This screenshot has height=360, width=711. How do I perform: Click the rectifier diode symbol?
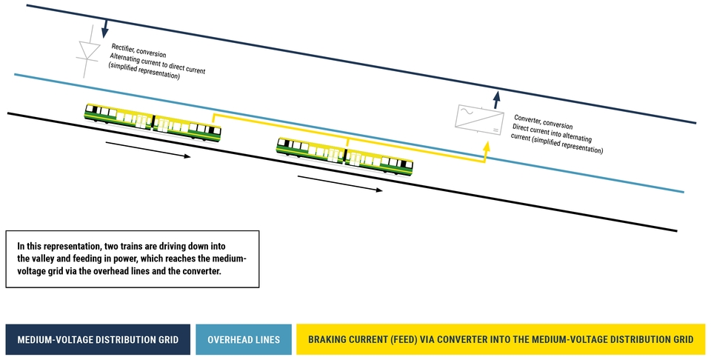[x=89, y=51]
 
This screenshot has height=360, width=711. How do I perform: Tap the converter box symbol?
[x=480, y=120]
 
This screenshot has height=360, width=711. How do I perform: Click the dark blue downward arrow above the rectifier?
[x=104, y=29]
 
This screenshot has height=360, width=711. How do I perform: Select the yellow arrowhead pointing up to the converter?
[x=487, y=147]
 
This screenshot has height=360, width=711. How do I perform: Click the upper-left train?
[x=153, y=121]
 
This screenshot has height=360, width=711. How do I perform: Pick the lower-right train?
[x=345, y=156]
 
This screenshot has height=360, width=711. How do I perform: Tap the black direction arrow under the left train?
[x=148, y=150]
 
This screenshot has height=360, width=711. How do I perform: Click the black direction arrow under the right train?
[x=340, y=184]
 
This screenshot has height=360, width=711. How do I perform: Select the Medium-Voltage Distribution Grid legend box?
[x=98, y=339]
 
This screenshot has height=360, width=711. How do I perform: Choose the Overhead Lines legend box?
[x=244, y=339]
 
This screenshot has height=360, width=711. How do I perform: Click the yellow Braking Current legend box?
[x=501, y=339]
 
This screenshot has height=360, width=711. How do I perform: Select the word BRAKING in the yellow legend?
[x=325, y=339]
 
